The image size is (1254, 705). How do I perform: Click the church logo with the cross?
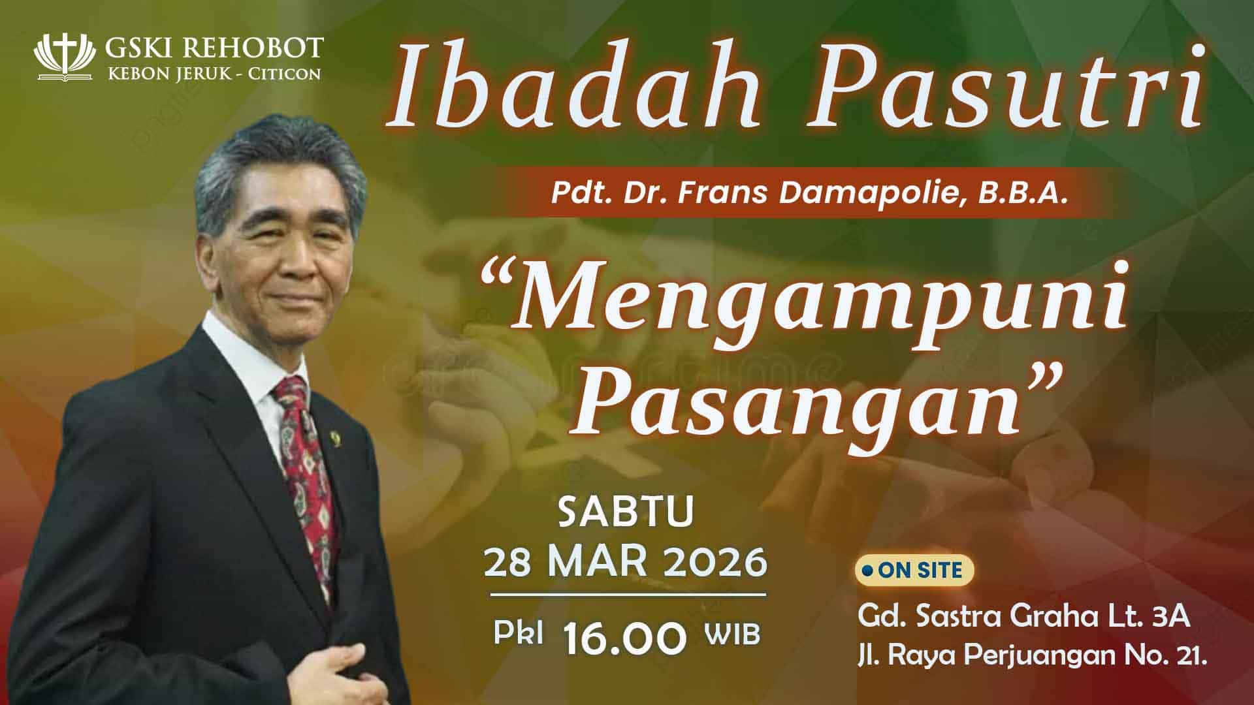click(68, 57)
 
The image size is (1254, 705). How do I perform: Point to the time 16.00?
click(626, 637)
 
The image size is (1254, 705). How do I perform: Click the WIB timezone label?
click(733, 634)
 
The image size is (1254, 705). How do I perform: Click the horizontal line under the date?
click(628, 595)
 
